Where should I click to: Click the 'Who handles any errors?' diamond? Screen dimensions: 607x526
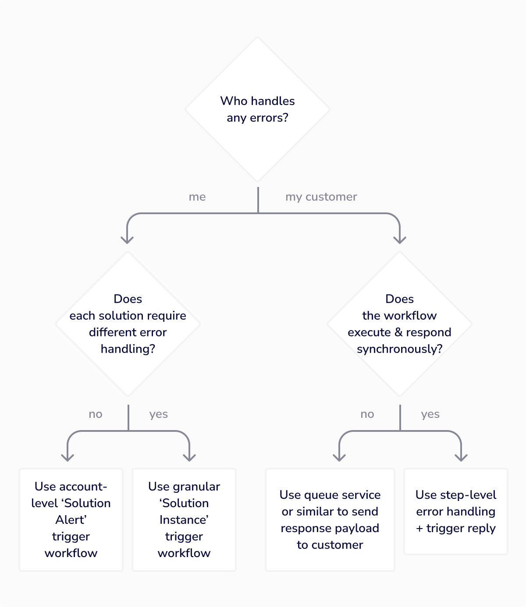click(258, 109)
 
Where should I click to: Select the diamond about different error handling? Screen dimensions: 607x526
click(128, 324)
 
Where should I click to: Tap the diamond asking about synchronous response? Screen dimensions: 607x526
click(399, 324)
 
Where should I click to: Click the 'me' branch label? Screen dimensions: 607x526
click(197, 197)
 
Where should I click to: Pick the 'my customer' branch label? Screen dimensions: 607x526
click(321, 197)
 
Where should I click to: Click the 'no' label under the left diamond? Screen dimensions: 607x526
click(96, 414)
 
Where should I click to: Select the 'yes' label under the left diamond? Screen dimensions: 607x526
click(158, 414)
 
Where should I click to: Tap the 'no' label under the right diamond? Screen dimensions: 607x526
click(367, 414)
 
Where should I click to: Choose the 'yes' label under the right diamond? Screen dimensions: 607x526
click(430, 414)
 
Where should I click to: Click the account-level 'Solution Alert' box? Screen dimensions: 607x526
click(71, 520)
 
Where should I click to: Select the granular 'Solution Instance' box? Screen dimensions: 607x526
click(184, 520)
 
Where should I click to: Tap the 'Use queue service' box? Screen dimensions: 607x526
click(330, 520)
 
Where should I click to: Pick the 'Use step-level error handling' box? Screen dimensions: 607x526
click(456, 512)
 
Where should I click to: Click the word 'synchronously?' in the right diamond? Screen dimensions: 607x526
click(399, 349)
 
